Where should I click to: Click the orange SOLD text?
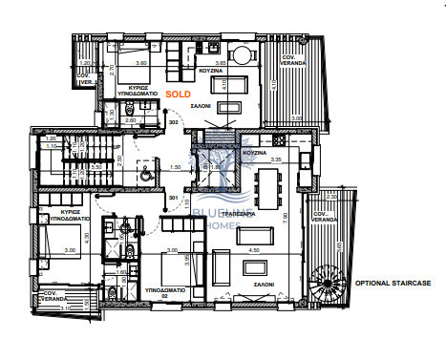coord(178,95)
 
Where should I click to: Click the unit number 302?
coord(174,122)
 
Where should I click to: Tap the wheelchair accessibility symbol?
coord(144,176)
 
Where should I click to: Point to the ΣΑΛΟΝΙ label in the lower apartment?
coord(265,284)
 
